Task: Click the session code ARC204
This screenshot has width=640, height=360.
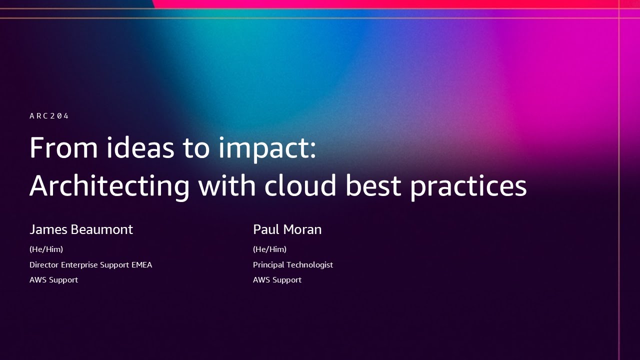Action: point(49,116)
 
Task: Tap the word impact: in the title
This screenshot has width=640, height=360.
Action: point(267,149)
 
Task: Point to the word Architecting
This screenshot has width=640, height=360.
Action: point(109,186)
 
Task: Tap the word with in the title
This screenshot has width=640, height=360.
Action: point(227,185)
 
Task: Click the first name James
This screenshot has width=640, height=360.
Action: point(48,229)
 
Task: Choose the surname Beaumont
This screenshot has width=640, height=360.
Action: point(102,229)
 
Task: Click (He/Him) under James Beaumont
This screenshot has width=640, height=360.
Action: point(46,249)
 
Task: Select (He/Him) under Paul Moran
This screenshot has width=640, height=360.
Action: point(269,249)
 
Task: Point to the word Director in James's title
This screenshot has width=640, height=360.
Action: point(44,264)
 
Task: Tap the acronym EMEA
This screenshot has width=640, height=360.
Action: point(141,264)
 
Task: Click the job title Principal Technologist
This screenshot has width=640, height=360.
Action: point(292,264)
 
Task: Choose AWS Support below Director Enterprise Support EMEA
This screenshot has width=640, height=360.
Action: point(53,280)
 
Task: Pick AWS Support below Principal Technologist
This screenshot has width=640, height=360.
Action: point(277,280)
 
